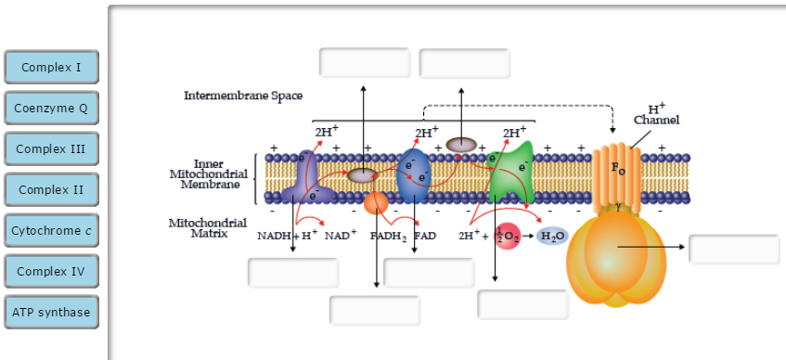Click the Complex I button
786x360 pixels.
point(52,67)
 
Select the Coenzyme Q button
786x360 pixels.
point(52,108)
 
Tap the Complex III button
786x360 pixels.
point(52,148)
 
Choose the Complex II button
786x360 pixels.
point(52,189)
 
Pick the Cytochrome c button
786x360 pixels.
point(52,230)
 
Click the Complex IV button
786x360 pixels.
point(52,271)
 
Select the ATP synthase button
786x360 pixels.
point(52,312)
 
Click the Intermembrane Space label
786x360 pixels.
point(243,96)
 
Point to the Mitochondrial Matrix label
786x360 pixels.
point(207,228)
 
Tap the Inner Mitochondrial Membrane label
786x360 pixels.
point(209,174)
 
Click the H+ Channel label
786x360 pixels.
point(657,114)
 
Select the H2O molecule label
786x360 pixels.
point(552,236)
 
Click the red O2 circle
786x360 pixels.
point(507,236)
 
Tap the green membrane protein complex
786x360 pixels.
point(509,172)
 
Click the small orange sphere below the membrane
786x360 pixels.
point(376,203)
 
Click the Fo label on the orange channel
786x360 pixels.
point(619,170)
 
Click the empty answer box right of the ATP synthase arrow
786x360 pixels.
point(734,249)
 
